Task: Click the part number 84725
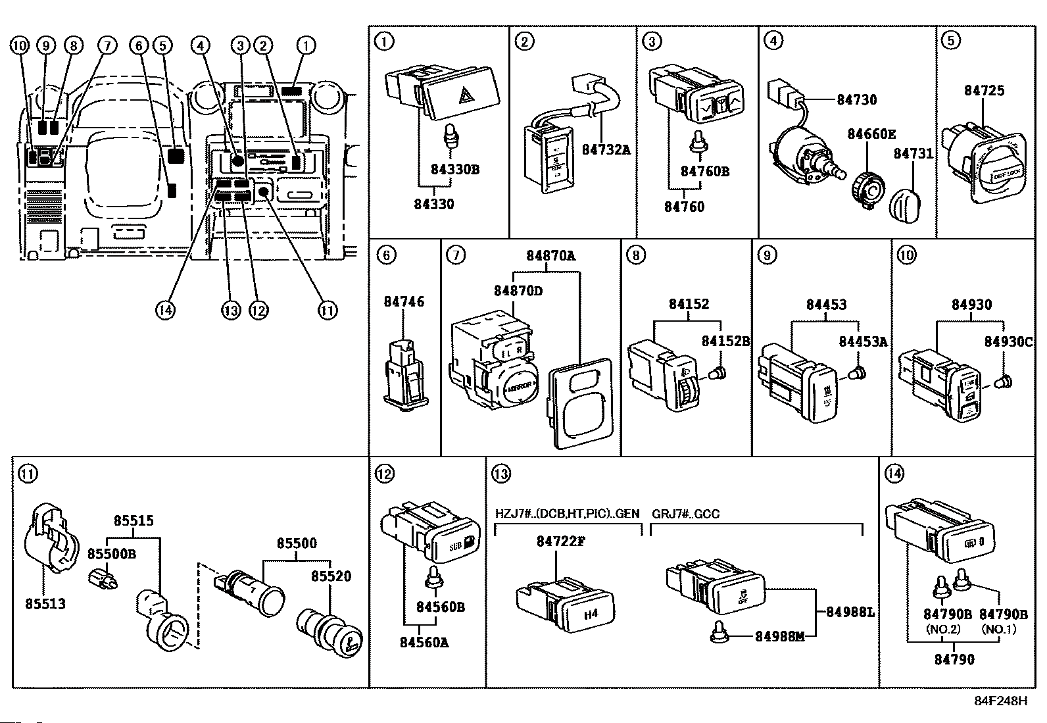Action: pyautogui.click(x=984, y=90)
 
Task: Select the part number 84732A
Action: pyautogui.click(x=606, y=149)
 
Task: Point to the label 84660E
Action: pyautogui.click(x=871, y=134)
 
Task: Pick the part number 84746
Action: pyautogui.click(x=404, y=302)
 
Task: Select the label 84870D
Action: pyautogui.click(x=518, y=289)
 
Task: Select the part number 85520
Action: pyautogui.click(x=331, y=576)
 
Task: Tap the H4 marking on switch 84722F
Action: pyautogui.click(x=591, y=614)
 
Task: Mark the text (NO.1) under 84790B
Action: pyautogui.click(x=999, y=629)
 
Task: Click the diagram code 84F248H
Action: pyautogui.click(x=1000, y=701)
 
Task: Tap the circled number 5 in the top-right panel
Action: pyautogui.click(x=950, y=41)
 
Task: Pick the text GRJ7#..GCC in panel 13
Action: pyautogui.click(x=685, y=513)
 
